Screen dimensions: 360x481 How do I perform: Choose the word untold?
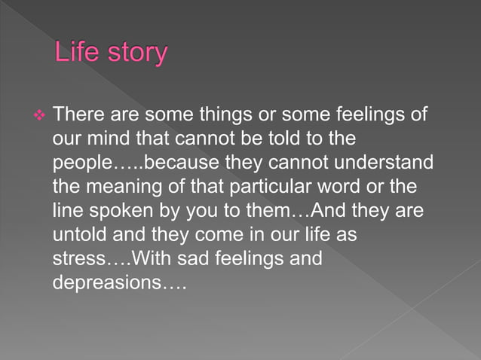(x=76, y=234)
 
